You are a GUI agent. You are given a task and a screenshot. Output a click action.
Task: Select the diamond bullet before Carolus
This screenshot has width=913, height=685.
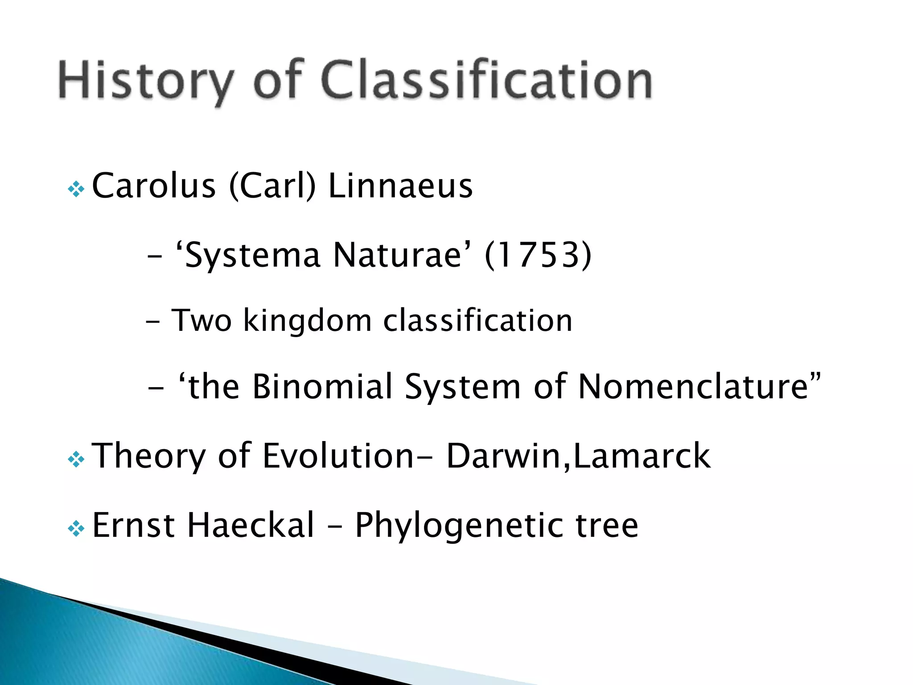pos(76,190)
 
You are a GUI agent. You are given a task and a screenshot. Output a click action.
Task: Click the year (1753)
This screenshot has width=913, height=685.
pos(538,255)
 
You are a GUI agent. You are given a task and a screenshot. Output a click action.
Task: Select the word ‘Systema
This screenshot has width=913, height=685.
pos(248,256)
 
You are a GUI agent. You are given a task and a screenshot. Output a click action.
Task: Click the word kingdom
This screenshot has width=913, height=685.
pos(308,321)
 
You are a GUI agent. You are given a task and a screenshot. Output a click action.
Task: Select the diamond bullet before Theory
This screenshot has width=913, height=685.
pos(76,459)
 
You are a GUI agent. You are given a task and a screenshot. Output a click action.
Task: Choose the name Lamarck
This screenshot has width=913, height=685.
pos(642,456)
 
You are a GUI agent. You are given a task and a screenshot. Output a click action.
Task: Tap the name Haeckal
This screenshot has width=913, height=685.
pos(251,525)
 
